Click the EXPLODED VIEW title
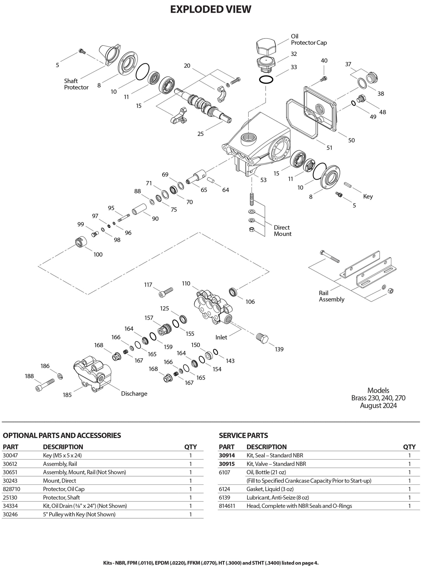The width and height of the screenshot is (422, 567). point(211,9)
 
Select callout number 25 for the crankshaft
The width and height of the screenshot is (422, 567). point(201,134)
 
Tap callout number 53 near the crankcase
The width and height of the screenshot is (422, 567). point(263,180)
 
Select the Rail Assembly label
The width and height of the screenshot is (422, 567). point(332,296)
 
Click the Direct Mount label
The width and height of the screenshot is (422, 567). point(283,231)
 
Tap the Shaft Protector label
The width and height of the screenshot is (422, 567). point(76,84)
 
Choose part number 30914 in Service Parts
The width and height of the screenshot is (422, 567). point(227,455)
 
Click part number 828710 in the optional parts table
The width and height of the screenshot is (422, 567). point(11,489)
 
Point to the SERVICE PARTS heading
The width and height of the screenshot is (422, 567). point(243,435)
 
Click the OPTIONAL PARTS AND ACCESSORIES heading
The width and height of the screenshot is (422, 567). point(62,435)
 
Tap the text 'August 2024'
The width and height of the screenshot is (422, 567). point(378,406)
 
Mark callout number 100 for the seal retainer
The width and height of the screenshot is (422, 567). point(98,254)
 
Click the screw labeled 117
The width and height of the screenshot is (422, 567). point(166,292)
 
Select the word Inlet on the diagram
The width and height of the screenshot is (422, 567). point(221,337)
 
